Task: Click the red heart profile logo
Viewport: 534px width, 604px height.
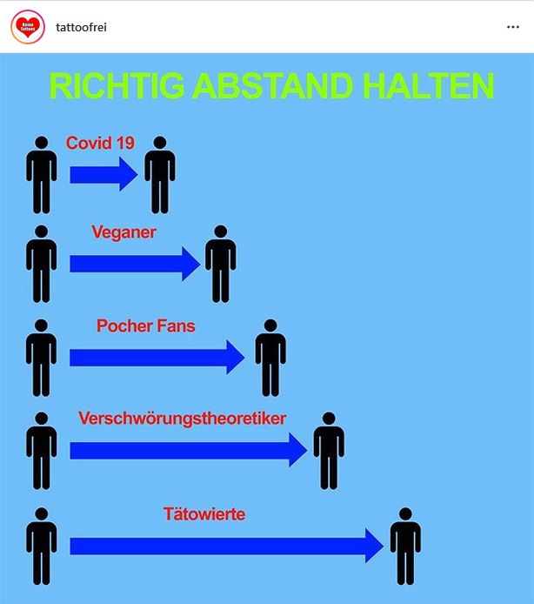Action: click(x=28, y=27)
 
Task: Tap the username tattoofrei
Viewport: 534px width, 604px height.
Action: click(x=81, y=27)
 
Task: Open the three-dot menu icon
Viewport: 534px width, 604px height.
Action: click(x=513, y=27)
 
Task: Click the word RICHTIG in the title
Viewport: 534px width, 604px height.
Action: click(x=117, y=86)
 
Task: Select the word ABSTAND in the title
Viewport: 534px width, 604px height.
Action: click(x=272, y=86)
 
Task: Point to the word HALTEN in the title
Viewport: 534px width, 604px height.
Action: click(x=428, y=86)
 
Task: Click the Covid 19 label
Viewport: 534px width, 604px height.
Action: click(x=100, y=143)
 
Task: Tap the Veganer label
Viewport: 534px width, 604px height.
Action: click(x=124, y=232)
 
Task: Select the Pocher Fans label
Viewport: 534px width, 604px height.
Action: click(x=146, y=325)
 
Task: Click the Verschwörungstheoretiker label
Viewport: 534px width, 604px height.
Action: click(x=182, y=419)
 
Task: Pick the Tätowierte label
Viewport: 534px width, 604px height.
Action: click(x=204, y=513)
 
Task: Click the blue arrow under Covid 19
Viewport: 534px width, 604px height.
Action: click(x=103, y=174)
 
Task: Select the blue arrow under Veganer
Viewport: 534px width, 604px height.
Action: click(x=135, y=264)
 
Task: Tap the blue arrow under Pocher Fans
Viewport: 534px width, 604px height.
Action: click(x=157, y=357)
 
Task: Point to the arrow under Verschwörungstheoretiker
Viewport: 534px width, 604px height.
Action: click(x=188, y=450)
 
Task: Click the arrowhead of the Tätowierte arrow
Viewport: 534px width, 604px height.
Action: click(x=374, y=546)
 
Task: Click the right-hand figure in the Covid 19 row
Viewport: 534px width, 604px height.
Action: click(x=160, y=174)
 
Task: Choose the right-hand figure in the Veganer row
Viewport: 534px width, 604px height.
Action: click(x=221, y=264)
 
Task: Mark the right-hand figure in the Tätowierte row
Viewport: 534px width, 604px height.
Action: click(x=405, y=547)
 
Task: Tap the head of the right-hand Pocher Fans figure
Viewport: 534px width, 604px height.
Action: click(x=270, y=325)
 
